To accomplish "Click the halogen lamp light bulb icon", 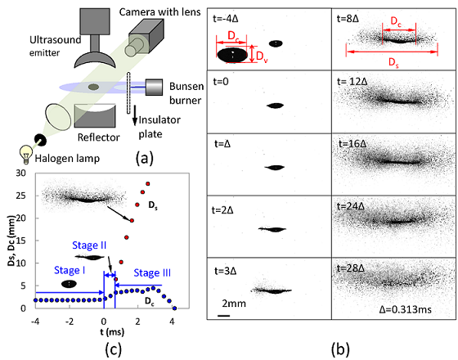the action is [x=26, y=154].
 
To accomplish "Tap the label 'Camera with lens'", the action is [x=159, y=12].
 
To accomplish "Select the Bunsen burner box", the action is [x=154, y=87].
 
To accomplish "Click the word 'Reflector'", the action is [x=98, y=137].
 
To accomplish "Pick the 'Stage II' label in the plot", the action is [x=89, y=245].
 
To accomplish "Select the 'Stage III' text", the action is [x=152, y=273].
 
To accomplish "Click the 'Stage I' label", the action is [x=70, y=270].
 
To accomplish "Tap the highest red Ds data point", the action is [x=148, y=183].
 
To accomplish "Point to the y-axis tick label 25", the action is [x=20, y=196].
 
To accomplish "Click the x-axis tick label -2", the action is [x=70, y=322].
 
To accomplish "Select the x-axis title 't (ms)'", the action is [x=112, y=332].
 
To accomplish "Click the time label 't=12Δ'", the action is [x=352, y=81].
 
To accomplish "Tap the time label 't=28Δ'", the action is [x=351, y=268].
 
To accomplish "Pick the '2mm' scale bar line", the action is [x=224, y=316].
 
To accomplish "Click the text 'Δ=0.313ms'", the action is [x=406, y=309].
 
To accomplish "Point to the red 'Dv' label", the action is [x=262, y=56].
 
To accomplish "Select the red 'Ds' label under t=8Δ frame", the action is [x=393, y=62].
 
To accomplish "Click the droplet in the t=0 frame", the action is [x=275, y=106].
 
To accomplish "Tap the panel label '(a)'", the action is [x=144, y=159].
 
